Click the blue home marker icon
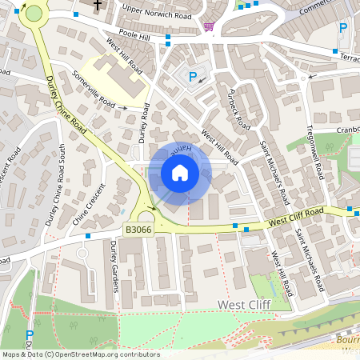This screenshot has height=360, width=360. (x=180, y=173)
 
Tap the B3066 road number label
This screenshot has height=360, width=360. (x=138, y=230)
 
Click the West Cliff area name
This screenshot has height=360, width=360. (x=244, y=305)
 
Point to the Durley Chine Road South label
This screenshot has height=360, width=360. (x=62, y=183)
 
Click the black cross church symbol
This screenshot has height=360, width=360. (x=98, y=5)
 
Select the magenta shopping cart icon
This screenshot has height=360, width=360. (x=208, y=26)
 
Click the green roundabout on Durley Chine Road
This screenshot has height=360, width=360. (x=34, y=13)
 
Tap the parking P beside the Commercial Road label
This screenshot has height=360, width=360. (x=343, y=28)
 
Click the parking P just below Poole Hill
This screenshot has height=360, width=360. (x=192, y=77)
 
